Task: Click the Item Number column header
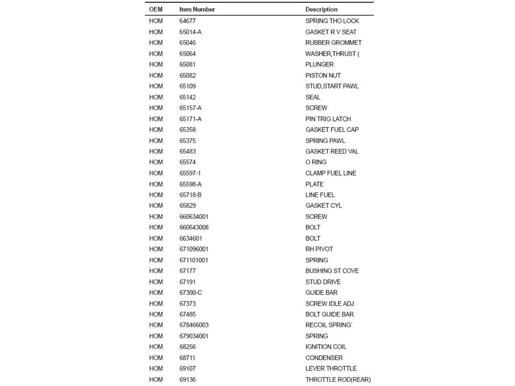(197, 10)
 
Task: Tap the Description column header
(321, 10)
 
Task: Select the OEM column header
(156, 10)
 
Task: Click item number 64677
(187, 21)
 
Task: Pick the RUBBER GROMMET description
(333, 43)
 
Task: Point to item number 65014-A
(190, 32)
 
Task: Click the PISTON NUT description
(323, 75)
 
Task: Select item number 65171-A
(190, 119)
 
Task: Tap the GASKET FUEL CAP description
(332, 130)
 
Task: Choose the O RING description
(316, 162)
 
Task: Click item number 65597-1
(190, 173)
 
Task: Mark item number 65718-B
(190, 195)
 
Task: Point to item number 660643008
(194, 227)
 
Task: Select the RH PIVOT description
(319, 249)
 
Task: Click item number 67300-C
(191, 293)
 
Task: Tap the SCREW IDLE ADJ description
(330, 304)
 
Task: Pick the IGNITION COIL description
(326, 347)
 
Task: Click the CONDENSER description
(324, 358)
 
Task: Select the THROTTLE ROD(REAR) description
(338, 380)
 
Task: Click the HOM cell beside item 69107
(156, 369)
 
